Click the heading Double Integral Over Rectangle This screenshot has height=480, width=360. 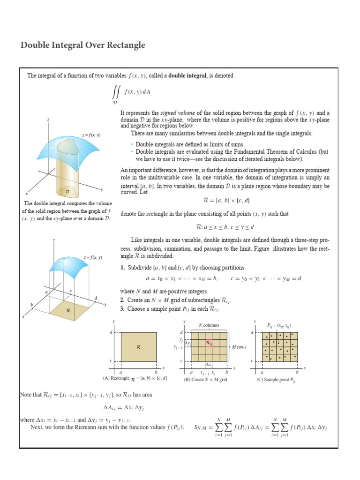coord(83,45)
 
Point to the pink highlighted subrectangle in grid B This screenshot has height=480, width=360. coord(210,343)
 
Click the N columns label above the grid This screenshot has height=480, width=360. coord(209,325)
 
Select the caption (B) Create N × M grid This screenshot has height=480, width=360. coord(205,380)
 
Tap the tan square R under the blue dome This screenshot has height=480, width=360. coord(68,310)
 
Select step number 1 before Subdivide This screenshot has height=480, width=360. coord(122,268)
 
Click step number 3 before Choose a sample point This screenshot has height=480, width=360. coord(122,309)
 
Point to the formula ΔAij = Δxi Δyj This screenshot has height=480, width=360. coord(123,407)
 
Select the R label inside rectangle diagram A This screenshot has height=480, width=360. coord(138,347)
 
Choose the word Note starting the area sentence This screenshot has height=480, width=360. coord(26,395)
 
